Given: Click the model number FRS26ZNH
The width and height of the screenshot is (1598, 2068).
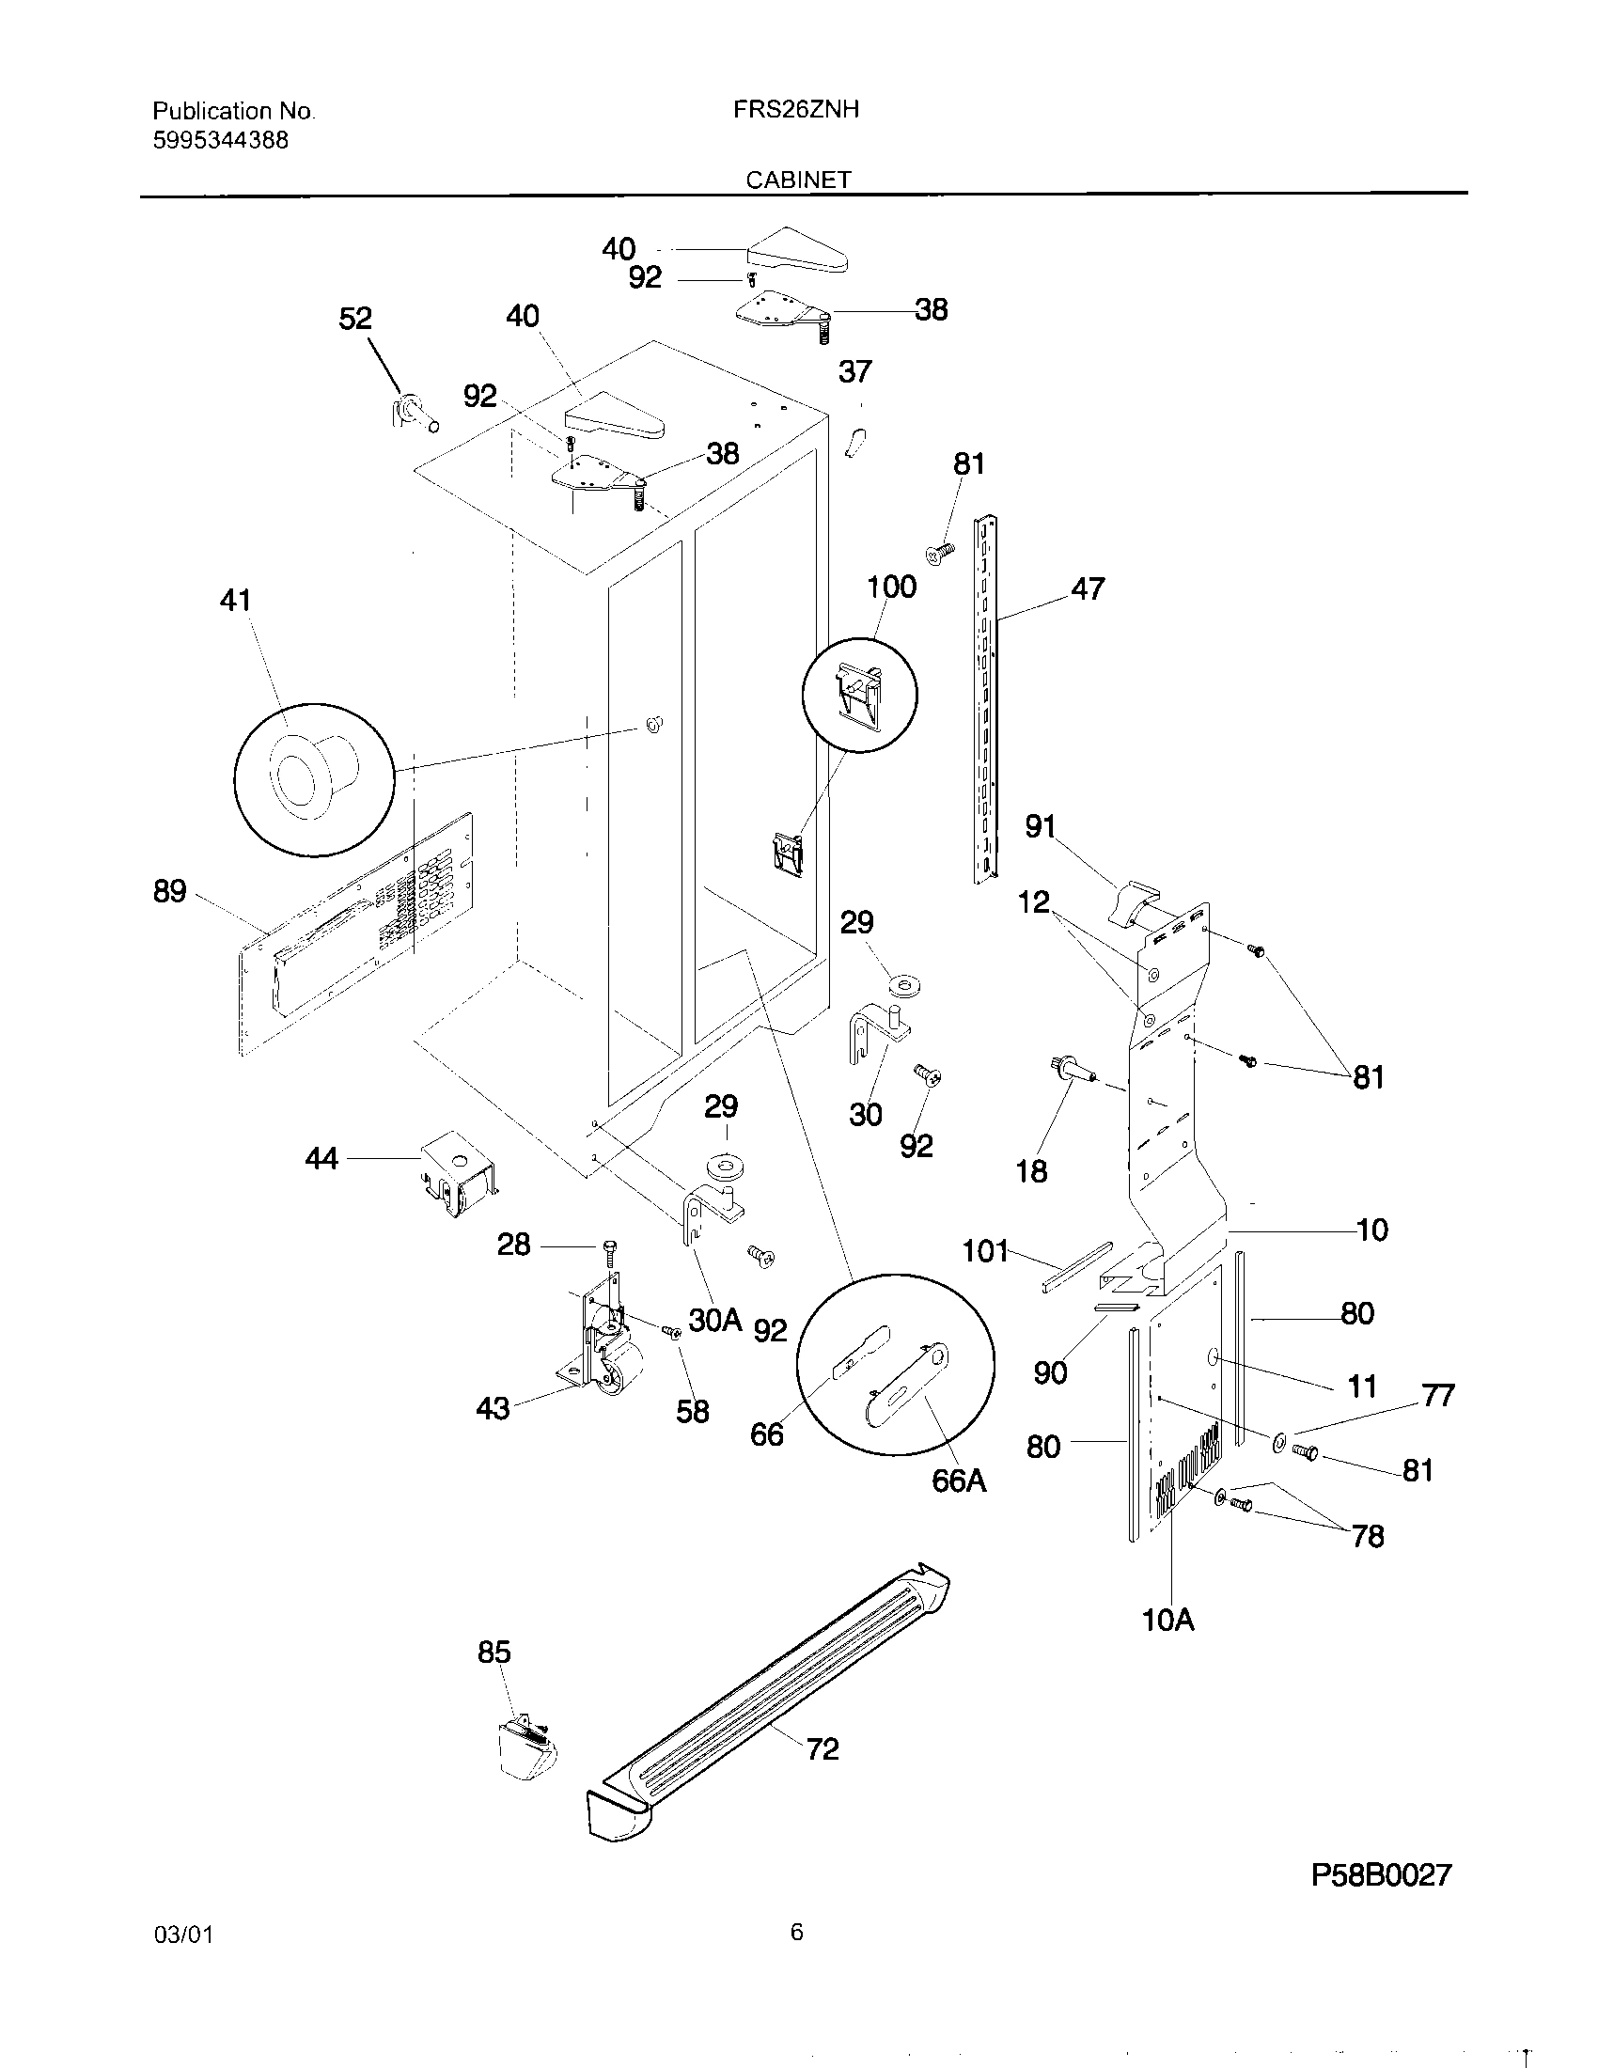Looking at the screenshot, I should tap(795, 110).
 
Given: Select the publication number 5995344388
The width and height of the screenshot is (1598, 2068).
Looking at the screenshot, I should tap(220, 141).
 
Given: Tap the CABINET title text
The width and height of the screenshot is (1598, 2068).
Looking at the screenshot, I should tap(797, 180).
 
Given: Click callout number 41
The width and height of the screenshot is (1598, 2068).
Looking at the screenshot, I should tap(235, 601).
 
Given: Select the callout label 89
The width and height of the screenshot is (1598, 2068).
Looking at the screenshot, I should tap(170, 891).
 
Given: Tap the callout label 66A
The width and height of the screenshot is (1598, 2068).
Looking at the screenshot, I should tap(958, 1480).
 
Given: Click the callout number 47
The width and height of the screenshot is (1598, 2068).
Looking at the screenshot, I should tap(1088, 589).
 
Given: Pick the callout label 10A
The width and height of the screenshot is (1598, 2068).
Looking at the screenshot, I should tap(1168, 1621).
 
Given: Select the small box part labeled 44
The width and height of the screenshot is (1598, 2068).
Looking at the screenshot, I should tap(457, 1173).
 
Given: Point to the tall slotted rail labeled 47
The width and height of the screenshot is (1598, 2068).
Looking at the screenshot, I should tap(984, 700).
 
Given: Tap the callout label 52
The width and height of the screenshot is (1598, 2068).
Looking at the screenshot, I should tap(355, 319).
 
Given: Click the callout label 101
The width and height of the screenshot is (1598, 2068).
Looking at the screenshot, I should tap(985, 1251).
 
